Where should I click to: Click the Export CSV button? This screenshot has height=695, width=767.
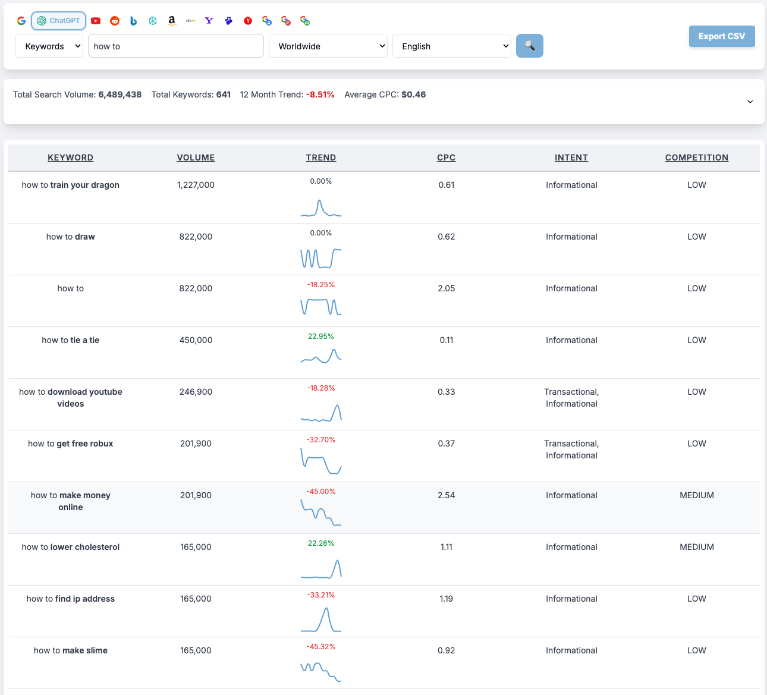tap(721, 36)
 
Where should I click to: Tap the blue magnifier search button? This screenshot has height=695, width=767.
tap(529, 46)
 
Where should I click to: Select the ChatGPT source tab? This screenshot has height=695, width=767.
tap(59, 21)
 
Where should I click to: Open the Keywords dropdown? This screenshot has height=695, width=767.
tap(49, 46)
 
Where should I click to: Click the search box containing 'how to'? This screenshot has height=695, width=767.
tap(175, 46)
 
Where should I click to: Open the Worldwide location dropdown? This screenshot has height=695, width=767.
tap(328, 46)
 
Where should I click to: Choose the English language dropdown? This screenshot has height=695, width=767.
tap(452, 46)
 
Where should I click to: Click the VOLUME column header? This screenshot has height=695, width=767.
tap(196, 158)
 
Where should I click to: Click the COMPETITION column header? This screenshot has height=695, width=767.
tap(696, 158)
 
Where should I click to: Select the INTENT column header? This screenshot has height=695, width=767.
tap(571, 158)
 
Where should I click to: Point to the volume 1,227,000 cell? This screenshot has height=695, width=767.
tap(196, 185)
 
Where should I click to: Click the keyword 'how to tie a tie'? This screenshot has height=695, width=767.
tap(71, 340)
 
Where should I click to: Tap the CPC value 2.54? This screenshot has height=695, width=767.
tap(446, 495)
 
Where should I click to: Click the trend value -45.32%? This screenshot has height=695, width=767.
tap(320, 647)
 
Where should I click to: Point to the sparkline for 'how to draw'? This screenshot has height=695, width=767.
tap(320, 258)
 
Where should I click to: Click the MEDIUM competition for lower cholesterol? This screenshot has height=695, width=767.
tap(696, 547)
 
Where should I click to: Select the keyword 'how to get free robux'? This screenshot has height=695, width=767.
tap(71, 444)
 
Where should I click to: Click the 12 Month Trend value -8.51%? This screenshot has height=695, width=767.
tap(320, 95)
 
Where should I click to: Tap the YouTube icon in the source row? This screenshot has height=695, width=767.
tap(96, 21)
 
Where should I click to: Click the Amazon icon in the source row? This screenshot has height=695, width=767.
tap(172, 21)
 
